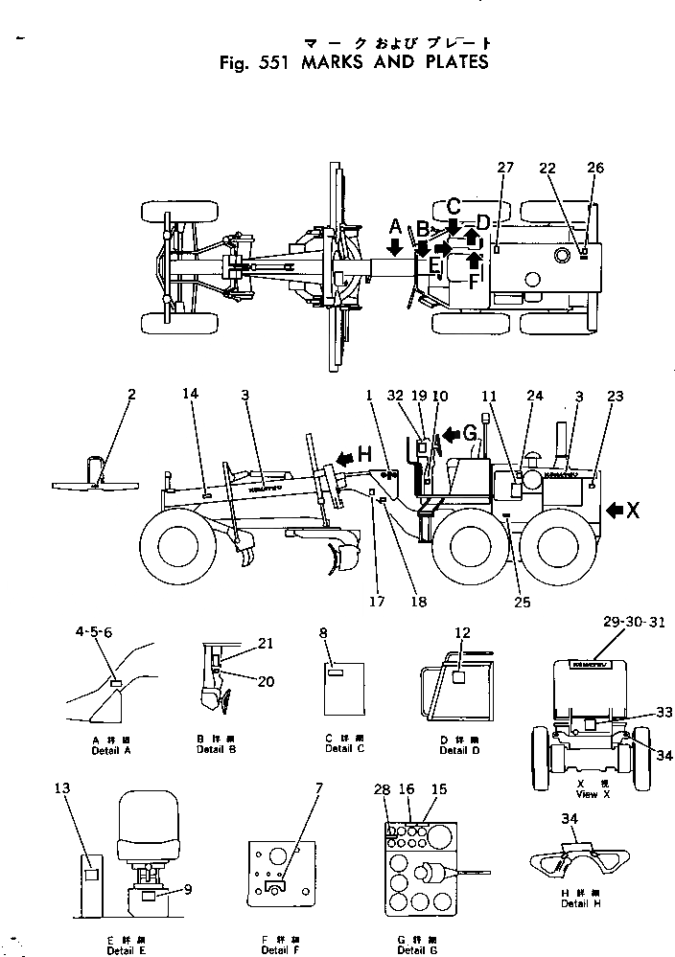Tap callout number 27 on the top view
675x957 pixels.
click(x=505, y=168)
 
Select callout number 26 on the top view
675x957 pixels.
click(x=595, y=168)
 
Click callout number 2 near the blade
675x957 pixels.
click(x=131, y=394)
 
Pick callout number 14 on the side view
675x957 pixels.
click(x=192, y=394)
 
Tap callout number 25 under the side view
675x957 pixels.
click(x=522, y=603)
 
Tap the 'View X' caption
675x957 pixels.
click(x=587, y=794)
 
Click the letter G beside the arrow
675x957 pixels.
click(x=471, y=432)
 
